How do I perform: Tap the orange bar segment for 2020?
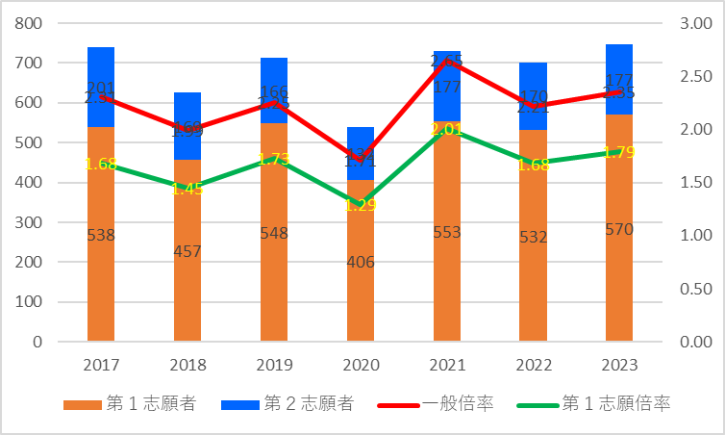click(360, 289)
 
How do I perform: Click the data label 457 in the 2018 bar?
click(187, 251)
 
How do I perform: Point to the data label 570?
click(619, 229)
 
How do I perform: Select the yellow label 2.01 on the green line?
click(447, 129)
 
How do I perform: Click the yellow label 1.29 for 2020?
click(360, 205)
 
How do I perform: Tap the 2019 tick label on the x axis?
click(274, 366)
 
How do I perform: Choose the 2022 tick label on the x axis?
click(533, 366)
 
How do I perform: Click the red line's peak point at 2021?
click(447, 61)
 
